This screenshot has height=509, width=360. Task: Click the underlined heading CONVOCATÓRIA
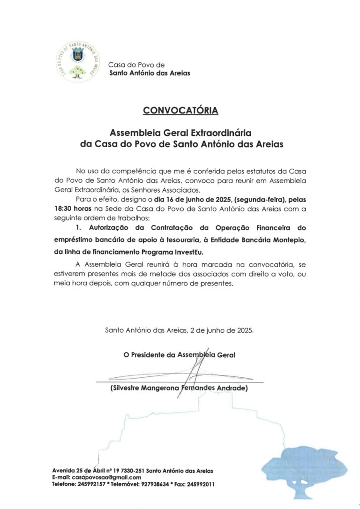[x=180, y=111]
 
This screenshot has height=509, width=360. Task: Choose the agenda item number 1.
[x=78, y=228]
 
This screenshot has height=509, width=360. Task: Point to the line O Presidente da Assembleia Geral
[x=180, y=355]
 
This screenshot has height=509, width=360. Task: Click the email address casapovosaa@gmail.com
[x=101, y=477]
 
